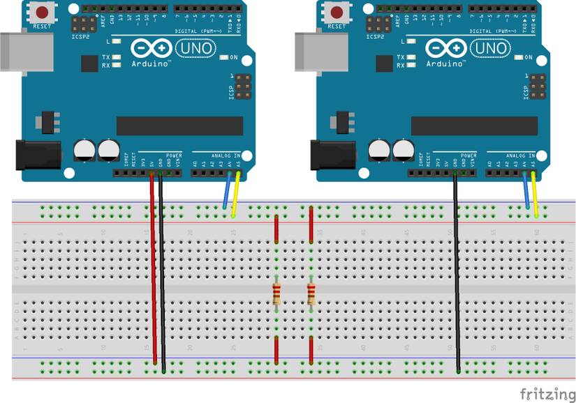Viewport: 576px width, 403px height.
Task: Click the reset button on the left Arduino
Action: point(43,13)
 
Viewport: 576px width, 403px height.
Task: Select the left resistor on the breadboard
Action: point(277,294)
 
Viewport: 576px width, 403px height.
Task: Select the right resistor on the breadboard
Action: point(311,294)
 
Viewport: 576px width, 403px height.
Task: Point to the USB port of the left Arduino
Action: point(17,49)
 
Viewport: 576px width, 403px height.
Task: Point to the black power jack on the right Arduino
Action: point(328,155)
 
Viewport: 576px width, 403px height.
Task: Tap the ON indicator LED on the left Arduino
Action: point(224,57)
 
